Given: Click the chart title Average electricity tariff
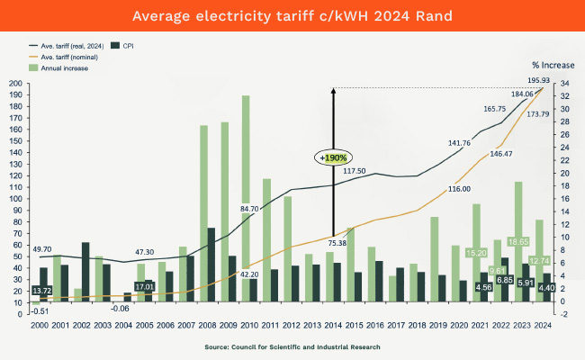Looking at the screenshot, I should pyautogui.click(x=292, y=16).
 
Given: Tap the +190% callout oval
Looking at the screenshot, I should pyautogui.click(x=335, y=157).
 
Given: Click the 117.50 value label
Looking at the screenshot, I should pyautogui.click(x=354, y=171).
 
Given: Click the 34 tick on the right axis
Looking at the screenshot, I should pyautogui.click(x=562, y=84).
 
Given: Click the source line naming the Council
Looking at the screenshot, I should pyautogui.click(x=292, y=346).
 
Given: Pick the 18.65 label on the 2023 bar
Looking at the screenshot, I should pyautogui.click(x=518, y=242).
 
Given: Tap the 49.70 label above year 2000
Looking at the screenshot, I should pyautogui.click(x=41, y=248).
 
